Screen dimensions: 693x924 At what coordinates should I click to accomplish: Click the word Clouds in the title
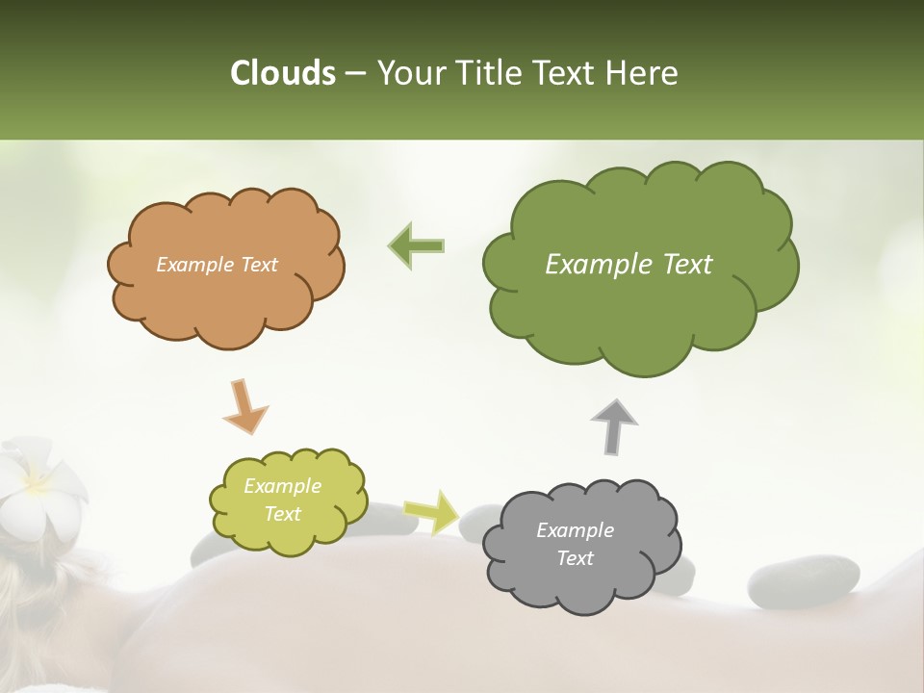pos(282,73)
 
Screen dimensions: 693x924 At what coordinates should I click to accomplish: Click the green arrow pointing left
pos(416,246)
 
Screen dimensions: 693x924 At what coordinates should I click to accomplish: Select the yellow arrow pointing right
pos(431,511)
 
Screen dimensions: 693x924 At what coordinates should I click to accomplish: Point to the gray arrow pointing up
pos(614,425)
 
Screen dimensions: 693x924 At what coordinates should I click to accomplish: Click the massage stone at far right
pos(804,583)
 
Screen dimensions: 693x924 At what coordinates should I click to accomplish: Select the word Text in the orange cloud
pos(258,265)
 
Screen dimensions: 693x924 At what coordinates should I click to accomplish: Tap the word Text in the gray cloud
pos(575,558)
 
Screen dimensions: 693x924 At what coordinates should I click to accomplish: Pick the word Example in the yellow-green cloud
pos(282,486)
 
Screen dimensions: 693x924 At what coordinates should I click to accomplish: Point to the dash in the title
pos(355,74)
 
